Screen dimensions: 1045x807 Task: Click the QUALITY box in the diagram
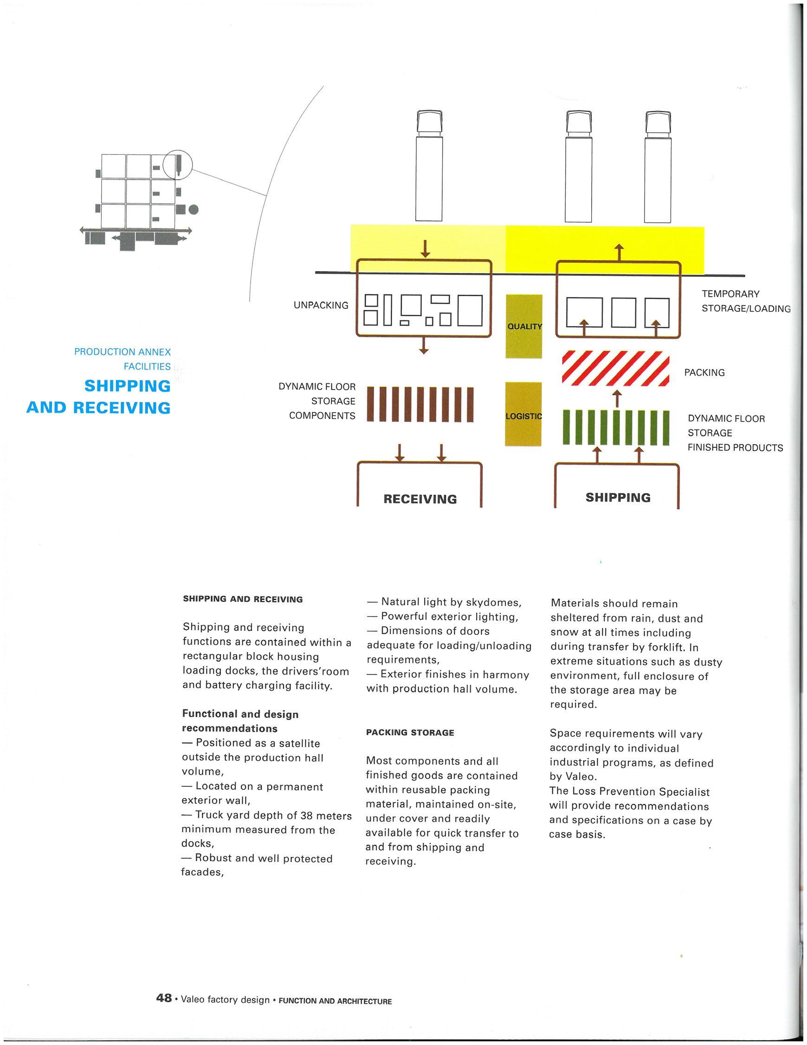(524, 326)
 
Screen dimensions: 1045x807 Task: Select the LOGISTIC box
(523, 414)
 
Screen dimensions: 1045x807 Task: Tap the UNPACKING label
(321, 305)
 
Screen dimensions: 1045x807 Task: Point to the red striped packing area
(615, 369)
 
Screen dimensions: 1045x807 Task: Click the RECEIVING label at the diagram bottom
(420, 499)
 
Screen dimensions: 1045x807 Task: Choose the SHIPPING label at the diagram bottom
(618, 497)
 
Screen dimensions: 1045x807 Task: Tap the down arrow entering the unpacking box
(424, 247)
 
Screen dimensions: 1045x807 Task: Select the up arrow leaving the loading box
(620, 252)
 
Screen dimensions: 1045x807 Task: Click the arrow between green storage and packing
(617, 397)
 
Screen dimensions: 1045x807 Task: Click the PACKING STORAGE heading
(410, 732)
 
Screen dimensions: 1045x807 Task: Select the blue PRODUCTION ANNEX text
(123, 352)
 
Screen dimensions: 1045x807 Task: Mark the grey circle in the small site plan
(193, 209)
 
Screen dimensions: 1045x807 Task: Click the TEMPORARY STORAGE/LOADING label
(745, 301)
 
